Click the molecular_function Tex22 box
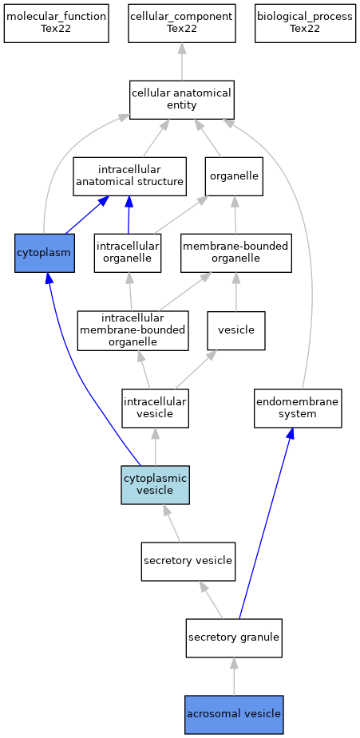pos(57,23)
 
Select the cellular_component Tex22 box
pos(182,23)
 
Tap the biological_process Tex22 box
pos(305,23)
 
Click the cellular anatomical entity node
pos(182,100)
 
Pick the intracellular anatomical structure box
pos(130,176)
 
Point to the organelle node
pos(234,176)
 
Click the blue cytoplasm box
pos(45,253)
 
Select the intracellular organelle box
pos(128,253)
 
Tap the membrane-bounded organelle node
pos(236,253)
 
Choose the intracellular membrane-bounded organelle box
pos(133,330)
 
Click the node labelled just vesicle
pos(236,330)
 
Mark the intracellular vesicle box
pos(156,408)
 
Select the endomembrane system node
pos(298,408)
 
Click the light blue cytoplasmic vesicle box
pos(156,485)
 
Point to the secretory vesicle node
pos(188,561)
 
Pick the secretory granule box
pos(234,638)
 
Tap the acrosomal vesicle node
pos(234,715)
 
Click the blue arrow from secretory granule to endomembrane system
pos(266,523)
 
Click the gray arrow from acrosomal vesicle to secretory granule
pos(234,677)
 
